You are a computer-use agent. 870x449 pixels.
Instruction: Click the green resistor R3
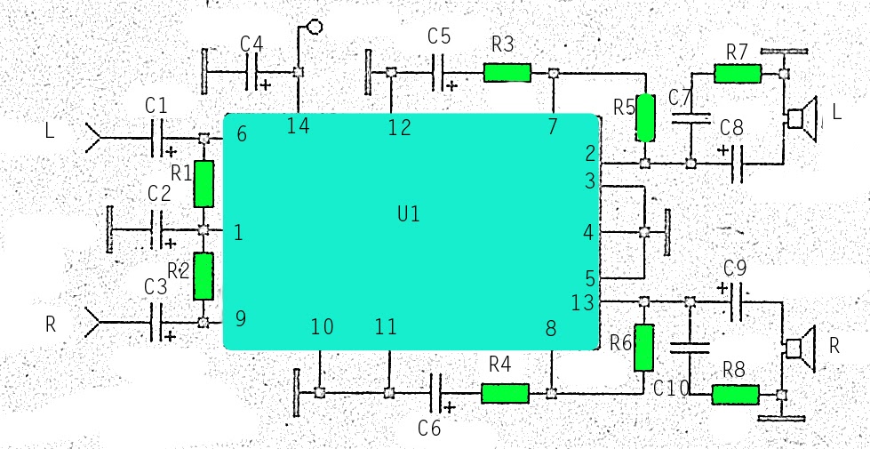507,73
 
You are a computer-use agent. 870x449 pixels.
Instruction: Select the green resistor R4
505,393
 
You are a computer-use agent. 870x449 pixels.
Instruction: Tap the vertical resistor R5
645,117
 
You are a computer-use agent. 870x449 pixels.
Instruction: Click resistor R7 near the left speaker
738,74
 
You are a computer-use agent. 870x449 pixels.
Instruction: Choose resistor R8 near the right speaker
735,395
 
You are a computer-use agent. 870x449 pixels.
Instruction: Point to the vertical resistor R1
204,183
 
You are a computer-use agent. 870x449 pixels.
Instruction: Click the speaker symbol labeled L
801,117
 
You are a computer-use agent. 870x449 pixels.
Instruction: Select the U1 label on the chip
408,214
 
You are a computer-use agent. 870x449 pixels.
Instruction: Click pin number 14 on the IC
299,126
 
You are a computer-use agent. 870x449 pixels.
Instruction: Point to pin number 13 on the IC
582,303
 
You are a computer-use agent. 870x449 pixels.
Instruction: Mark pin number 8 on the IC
551,329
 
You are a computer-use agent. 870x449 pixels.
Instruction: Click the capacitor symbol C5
439,73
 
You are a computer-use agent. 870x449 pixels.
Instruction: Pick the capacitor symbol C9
737,302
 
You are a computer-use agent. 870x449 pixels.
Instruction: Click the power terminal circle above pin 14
314,27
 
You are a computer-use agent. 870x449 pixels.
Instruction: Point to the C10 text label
671,388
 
